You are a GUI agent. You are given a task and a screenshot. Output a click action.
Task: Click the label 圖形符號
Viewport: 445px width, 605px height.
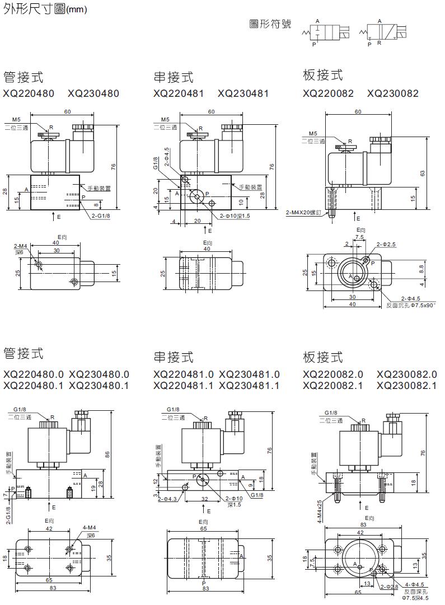270,24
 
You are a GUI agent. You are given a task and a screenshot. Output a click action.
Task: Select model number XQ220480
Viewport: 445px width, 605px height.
29,93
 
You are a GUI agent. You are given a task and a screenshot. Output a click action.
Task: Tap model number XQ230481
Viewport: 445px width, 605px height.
243,93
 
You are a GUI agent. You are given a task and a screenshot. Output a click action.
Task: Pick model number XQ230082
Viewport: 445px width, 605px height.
393,93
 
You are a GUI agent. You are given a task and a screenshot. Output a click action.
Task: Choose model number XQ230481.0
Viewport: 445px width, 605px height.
250,374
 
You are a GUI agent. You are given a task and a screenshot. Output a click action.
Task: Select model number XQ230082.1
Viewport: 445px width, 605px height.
407,386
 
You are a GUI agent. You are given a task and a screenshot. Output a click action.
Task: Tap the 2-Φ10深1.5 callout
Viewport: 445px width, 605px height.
235,216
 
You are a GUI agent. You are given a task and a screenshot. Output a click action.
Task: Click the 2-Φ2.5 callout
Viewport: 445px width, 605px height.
386,245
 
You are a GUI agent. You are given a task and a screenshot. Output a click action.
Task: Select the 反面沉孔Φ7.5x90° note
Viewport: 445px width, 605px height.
411,305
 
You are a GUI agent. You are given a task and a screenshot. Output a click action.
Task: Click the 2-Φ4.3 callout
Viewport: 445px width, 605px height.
168,499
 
